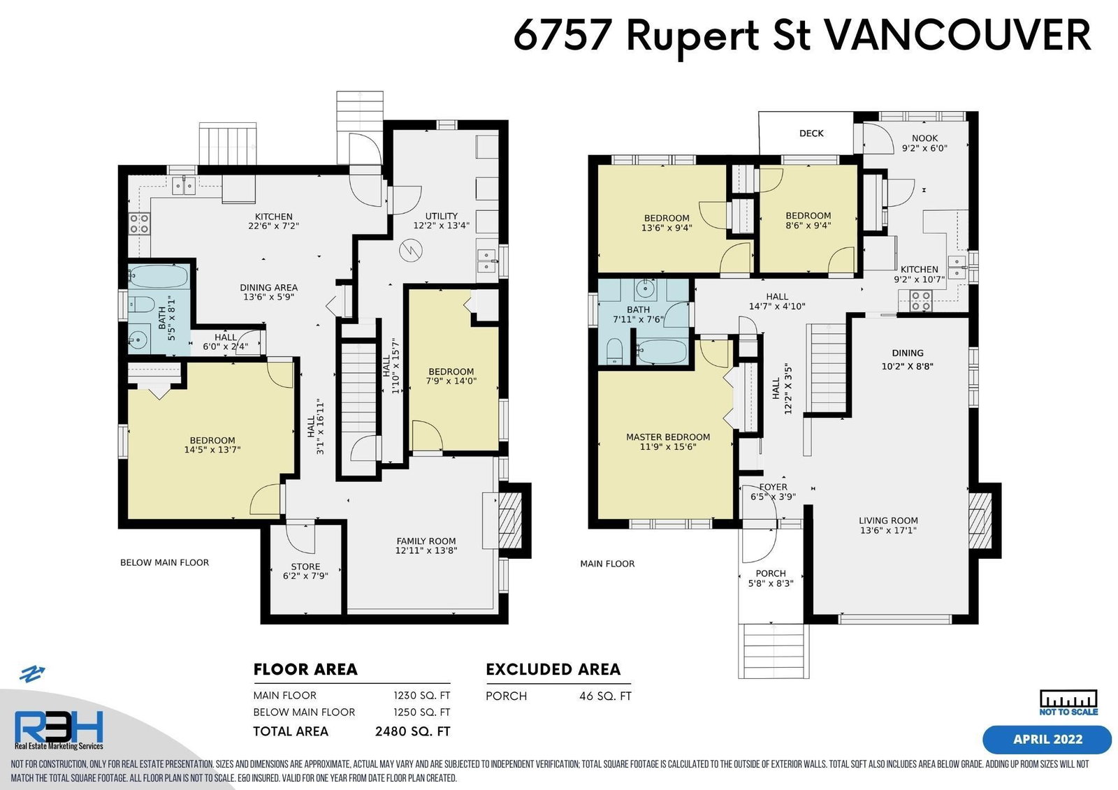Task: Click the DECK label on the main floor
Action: click(811, 133)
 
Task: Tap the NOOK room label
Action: click(924, 138)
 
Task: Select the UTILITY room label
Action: click(441, 216)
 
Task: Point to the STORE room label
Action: click(305, 566)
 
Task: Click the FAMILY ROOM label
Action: click(426, 541)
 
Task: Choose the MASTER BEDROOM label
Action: click(668, 437)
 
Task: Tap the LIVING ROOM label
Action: click(888, 520)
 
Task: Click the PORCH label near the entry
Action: click(771, 573)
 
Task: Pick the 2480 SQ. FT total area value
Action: click(413, 731)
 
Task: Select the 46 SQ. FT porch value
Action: click(605, 696)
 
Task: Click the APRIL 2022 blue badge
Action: click(1047, 740)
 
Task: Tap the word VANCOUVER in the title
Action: click(955, 35)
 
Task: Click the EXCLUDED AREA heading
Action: click(553, 669)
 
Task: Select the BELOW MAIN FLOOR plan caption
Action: click(165, 562)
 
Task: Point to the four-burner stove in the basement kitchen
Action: click(139, 223)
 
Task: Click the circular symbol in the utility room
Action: click(411, 251)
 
